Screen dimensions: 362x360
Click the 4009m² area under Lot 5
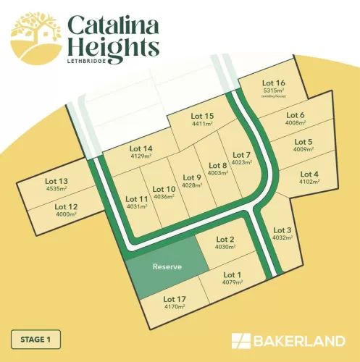304,150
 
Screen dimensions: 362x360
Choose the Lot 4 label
309,174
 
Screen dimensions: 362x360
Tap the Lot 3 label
282,230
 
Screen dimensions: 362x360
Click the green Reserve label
167,266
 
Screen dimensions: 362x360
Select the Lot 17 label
175,298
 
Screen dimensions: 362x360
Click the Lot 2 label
226,240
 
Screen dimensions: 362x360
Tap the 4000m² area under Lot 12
65,214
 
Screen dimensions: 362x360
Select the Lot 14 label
141,149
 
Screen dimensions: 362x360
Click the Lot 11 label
137,198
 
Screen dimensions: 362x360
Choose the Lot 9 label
191,177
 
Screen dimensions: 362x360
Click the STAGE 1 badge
36,338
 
